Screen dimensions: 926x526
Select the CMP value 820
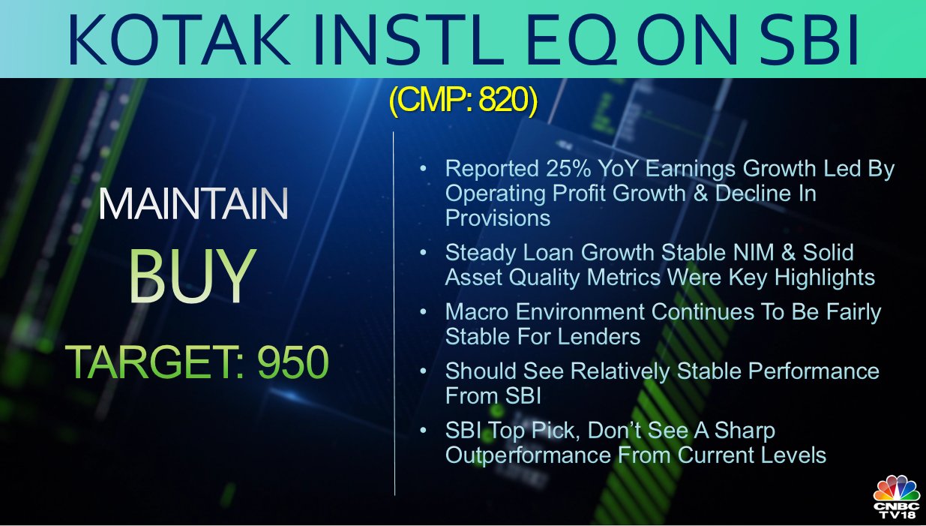tap(503, 100)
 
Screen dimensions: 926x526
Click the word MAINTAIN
tap(193, 204)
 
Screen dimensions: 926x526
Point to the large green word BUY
tap(192, 276)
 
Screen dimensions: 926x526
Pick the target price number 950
tap(293, 362)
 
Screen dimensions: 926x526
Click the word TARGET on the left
tap(151, 362)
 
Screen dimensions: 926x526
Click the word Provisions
tap(498, 218)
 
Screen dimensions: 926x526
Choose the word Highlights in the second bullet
tap(825, 278)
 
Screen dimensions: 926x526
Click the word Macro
tap(477, 312)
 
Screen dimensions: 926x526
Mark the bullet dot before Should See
tap(423, 371)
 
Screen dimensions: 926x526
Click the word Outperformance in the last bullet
tap(528, 455)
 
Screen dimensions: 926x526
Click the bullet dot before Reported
tap(423, 168)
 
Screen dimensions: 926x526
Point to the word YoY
tap(618, 169)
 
